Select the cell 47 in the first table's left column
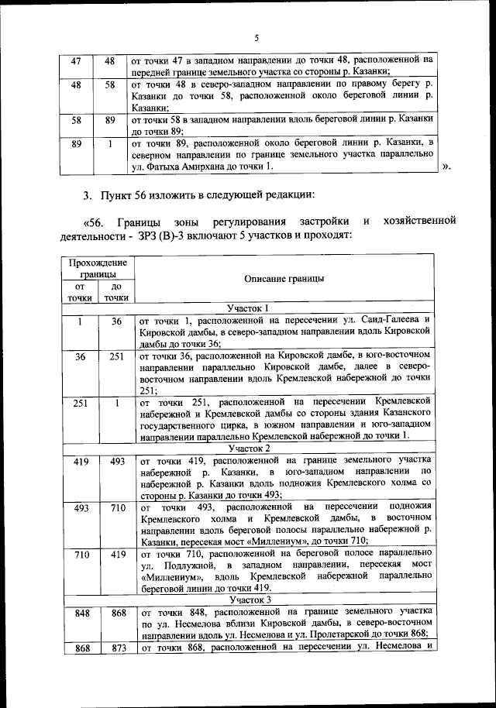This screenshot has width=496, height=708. (76, 60)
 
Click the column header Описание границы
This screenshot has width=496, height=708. (284, 280)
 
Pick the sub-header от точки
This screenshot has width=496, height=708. (79, 291)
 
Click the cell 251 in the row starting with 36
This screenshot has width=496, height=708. (115, 357)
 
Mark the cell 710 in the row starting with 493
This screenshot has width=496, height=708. (115, 508)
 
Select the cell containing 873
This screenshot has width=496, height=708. (115, 648)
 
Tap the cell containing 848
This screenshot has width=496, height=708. (79, 613)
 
